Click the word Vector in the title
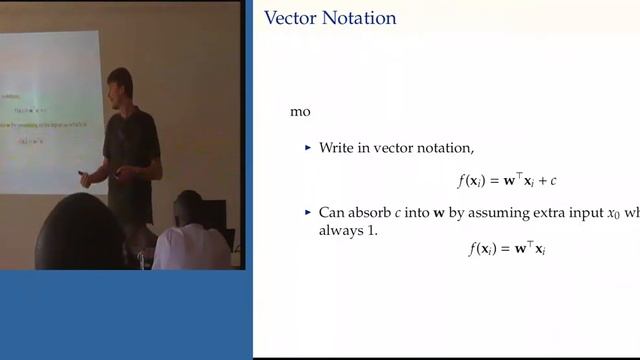[x=289, y=18]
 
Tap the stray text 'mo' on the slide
[x=300, y=112]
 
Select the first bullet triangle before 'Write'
[x=308, y=148]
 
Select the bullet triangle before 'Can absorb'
[x=308, y=212]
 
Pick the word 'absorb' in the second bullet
[x=374, y=212]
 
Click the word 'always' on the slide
[x=340, y=230]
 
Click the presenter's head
[x=120, y=85]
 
